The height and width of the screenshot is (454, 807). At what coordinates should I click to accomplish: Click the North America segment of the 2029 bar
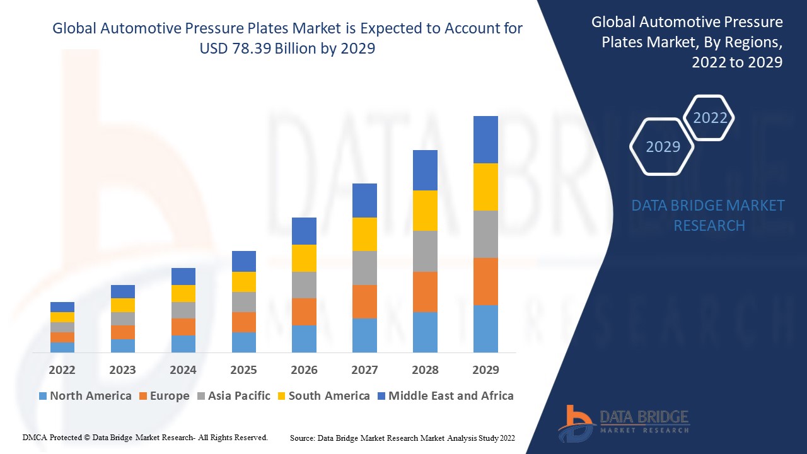tap(485, 329)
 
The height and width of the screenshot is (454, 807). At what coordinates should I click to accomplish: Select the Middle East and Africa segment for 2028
tap(425, 170)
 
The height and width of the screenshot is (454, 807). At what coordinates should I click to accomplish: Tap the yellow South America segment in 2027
tap(364, 234)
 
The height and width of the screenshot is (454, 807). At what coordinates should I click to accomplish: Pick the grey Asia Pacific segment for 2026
tap(304, 285)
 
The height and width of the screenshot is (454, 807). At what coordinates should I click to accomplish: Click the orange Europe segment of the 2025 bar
tap(244, 322)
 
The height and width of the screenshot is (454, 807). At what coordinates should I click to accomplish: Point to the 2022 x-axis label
tap(62, 370)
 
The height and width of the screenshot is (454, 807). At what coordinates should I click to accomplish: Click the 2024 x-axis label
tap(183, 370)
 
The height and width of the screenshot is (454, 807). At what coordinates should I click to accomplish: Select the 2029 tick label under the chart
tap(485, 370)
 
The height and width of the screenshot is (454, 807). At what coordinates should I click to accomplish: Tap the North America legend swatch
tap(43, 396)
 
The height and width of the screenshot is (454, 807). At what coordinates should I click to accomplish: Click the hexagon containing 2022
tap(710, 118)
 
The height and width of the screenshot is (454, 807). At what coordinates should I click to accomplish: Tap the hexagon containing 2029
tap(663, 147)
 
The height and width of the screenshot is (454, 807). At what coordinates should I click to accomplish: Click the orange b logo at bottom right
tap(575, 422)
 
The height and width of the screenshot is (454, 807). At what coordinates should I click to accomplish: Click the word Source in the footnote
tap(302, 438)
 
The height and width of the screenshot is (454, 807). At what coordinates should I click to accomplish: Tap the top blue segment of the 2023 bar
tap(122, 291)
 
